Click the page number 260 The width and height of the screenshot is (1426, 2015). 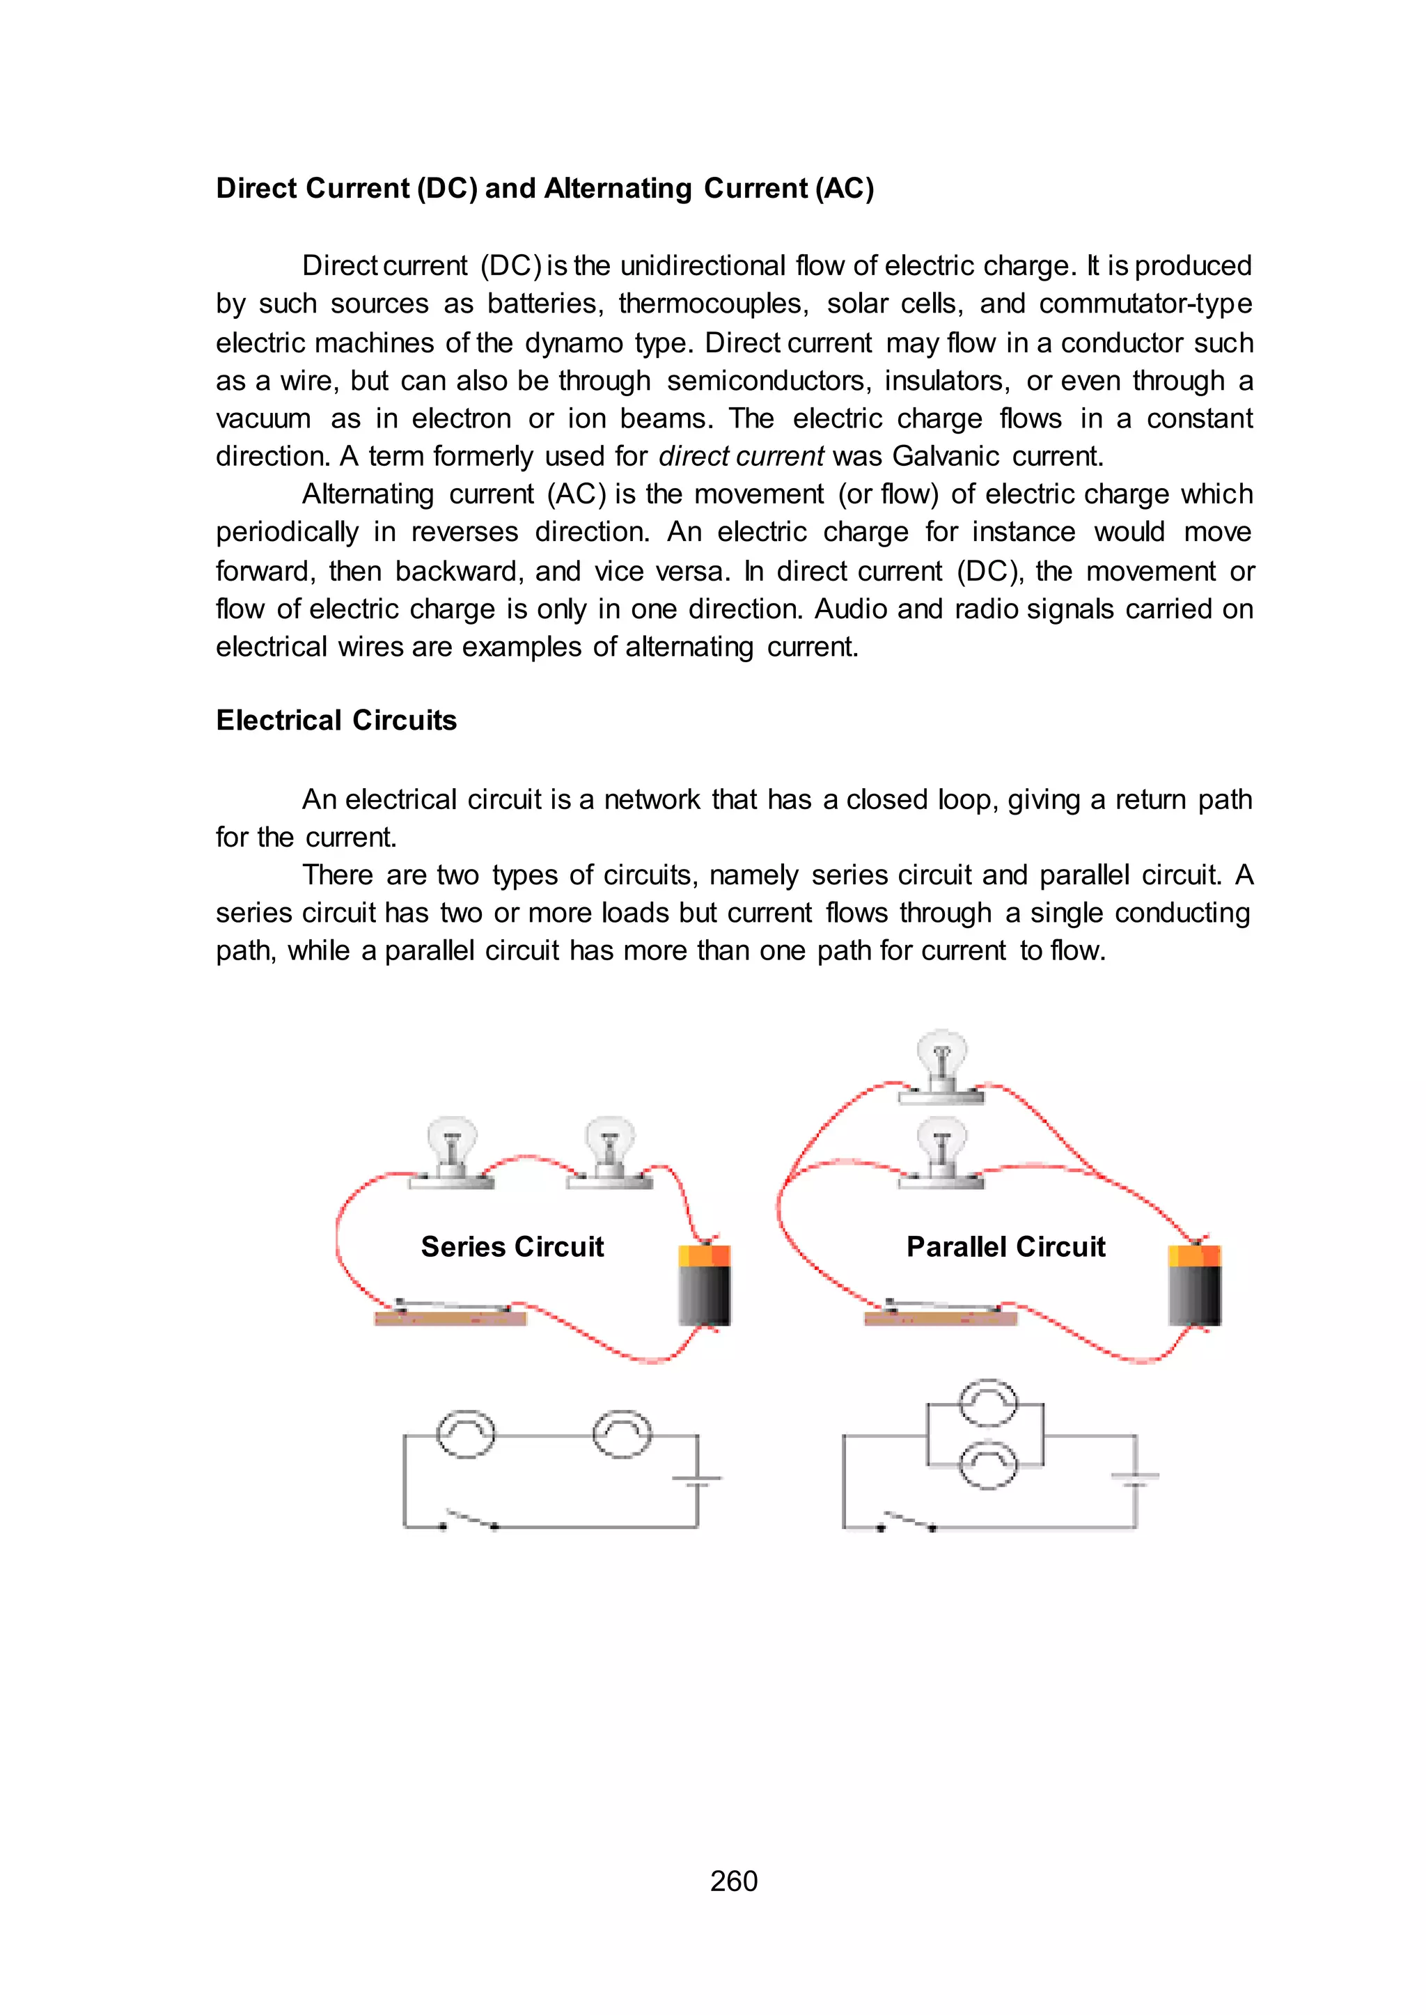click(x=733, y=1881)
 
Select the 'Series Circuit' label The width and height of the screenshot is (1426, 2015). click(x=512, y=1247)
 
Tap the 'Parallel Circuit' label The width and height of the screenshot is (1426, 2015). click(x=1005, y=1247)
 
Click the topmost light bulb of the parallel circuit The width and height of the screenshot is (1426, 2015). click(x=941, y=1064)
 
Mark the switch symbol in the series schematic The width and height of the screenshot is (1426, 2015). click(x=469, y=1521)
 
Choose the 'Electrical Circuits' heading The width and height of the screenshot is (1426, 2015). click(x=336, y=721)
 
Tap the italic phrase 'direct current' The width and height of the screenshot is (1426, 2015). click(x=741, y=457)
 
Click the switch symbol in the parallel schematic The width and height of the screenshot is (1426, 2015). click(x=906, y=1521)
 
